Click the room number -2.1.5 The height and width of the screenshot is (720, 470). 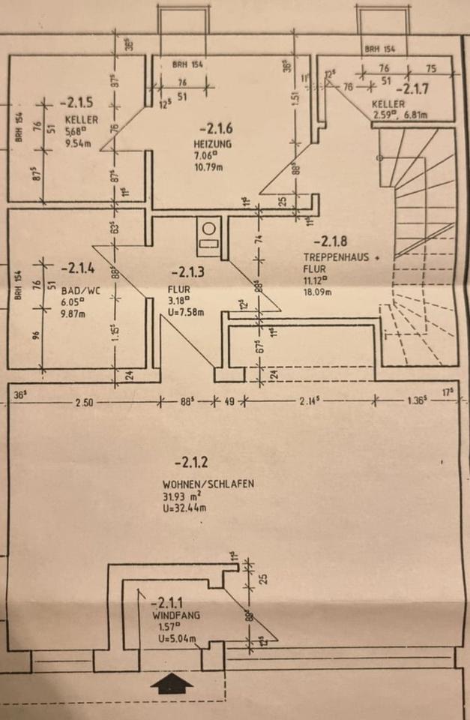pyautogui.click(x=76, y=102)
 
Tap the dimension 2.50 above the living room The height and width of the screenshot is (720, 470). pyautogui.click(x=85, y=403)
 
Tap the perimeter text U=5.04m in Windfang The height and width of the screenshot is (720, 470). pyautogui.click(x=173, y=639)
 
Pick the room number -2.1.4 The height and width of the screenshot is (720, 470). pyautogui.click(x=76, y=266)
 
